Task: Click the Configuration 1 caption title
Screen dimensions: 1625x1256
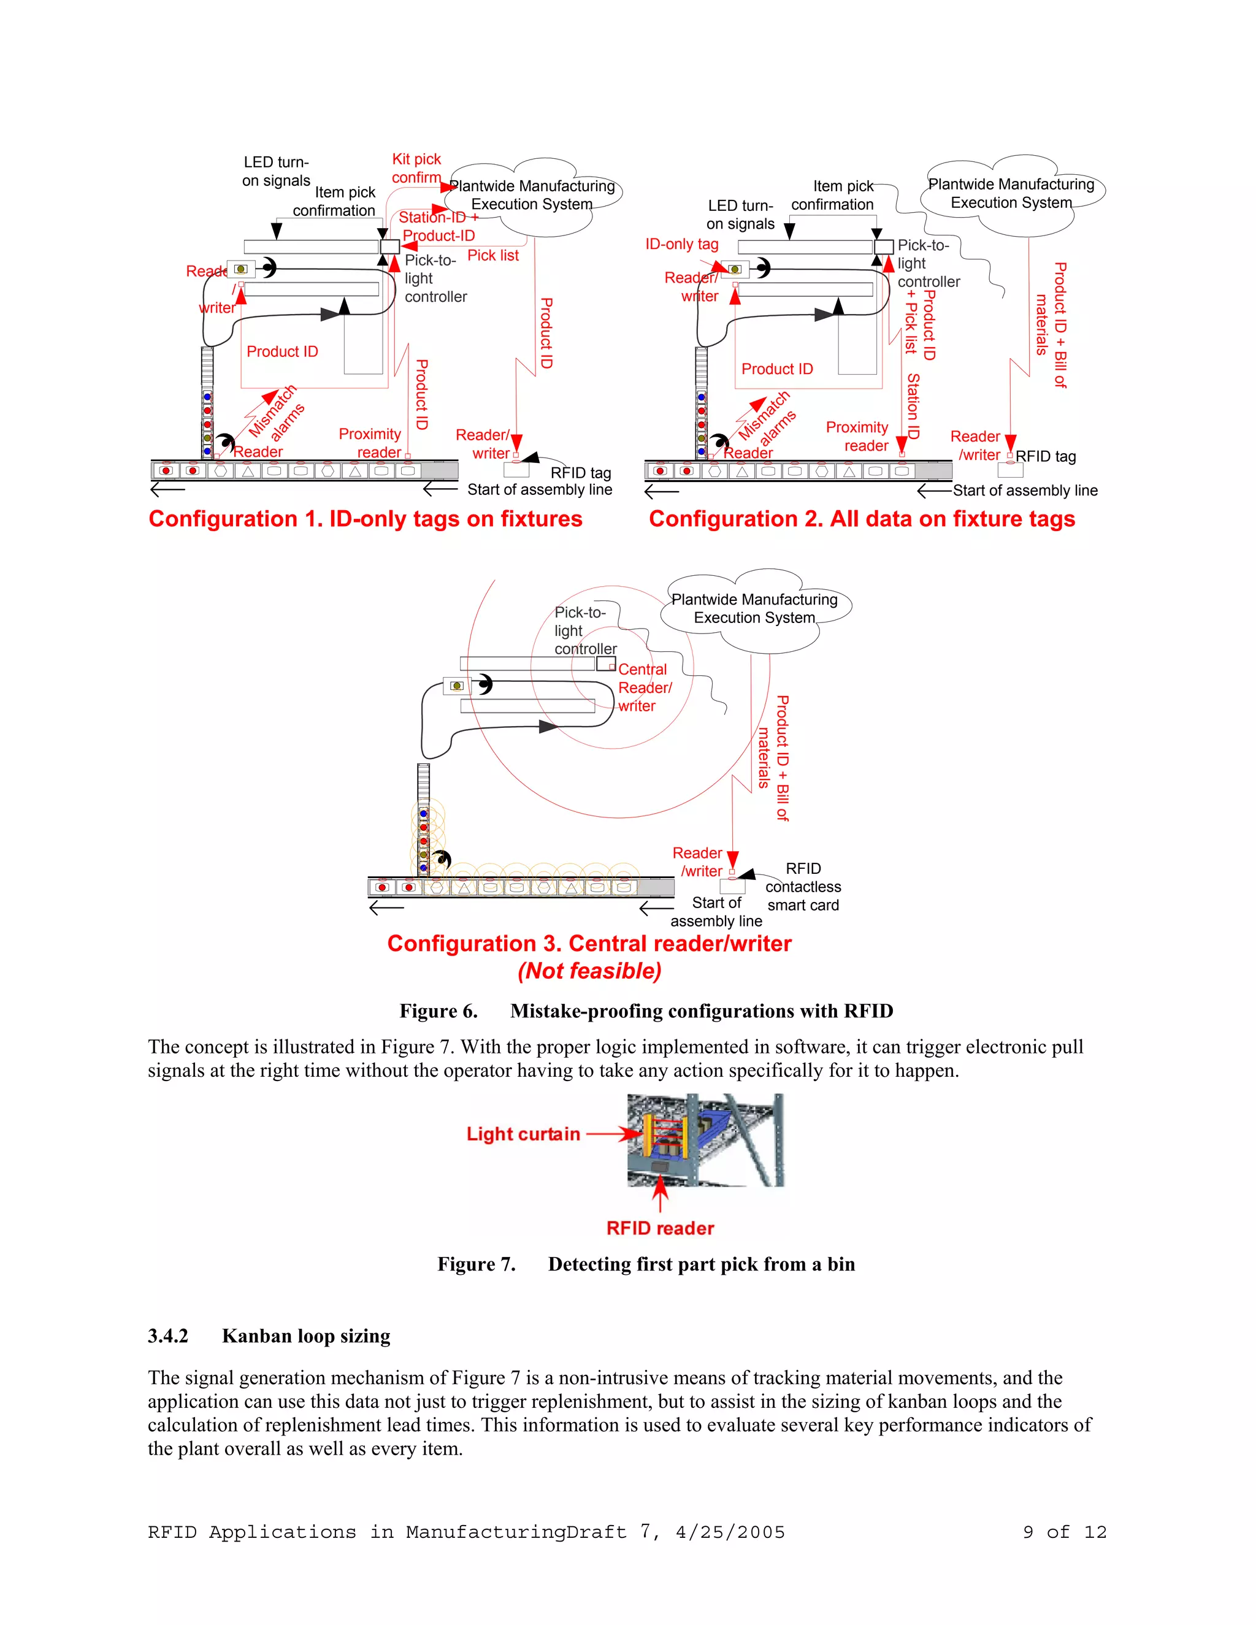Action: click(x=365, y=519)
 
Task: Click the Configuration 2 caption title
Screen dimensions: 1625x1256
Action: click(x=862, y=519)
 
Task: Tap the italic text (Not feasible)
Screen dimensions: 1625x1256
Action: click(x=589, y=971)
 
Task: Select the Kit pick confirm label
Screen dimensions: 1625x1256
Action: click(x=416, y=168)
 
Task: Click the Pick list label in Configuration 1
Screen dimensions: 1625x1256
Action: click(x=492, y=255)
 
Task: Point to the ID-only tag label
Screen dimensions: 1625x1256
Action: click(x=681, y=244)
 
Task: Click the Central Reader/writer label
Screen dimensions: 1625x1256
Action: click(x=645, y=687)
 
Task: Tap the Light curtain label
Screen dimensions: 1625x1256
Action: click(x=523, y=1134)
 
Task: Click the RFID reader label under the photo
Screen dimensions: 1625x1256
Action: click(x=660, y=1228)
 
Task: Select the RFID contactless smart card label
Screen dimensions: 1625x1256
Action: click(x=803, y=887)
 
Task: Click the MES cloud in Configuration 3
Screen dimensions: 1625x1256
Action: click(x=754, y=610)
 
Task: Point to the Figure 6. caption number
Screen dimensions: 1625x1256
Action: click(x=438, y=1011)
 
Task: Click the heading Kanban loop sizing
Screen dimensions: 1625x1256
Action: click(x=306, y=1336)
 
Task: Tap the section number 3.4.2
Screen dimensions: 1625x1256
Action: click(x=168, y=1336)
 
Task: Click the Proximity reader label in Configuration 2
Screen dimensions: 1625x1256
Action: click(x=857, y=437)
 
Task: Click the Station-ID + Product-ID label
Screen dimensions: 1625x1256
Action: click(x=437, y=226)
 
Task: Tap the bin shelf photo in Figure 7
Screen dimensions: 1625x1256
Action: click(x=705, y=1140)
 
